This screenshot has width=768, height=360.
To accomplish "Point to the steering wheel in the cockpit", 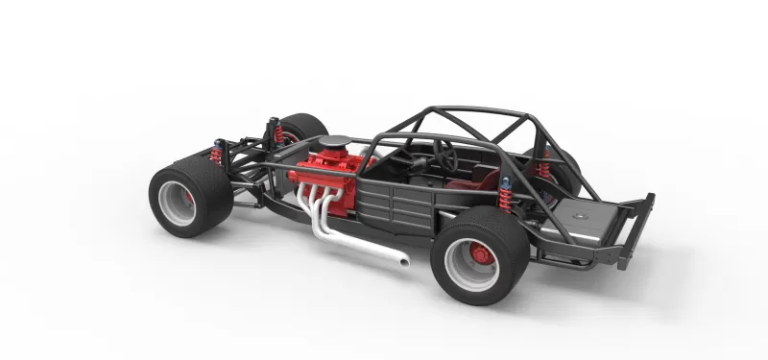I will coord(444,151).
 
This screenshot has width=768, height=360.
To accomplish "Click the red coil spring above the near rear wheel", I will coord(505,198).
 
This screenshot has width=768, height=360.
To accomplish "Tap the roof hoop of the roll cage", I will coord(469,113).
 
